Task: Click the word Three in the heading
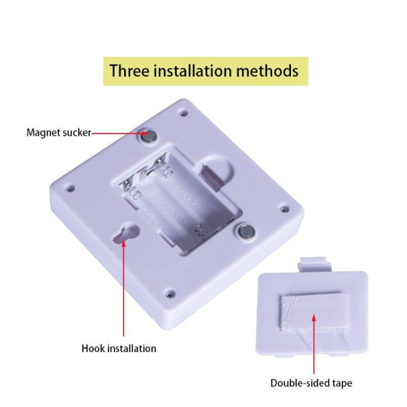130,71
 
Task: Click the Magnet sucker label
59,133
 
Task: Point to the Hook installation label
119,349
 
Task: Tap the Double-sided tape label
311,383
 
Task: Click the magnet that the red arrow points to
149,136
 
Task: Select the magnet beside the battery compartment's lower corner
247,231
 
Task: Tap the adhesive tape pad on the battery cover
313,312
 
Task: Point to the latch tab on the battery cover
315,265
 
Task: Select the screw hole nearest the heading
185,113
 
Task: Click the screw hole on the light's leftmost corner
70,189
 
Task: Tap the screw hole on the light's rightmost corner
285,208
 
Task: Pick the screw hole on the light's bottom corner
170,294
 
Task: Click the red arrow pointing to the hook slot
123,288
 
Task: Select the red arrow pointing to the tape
314,344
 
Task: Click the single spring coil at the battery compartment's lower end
200,231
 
